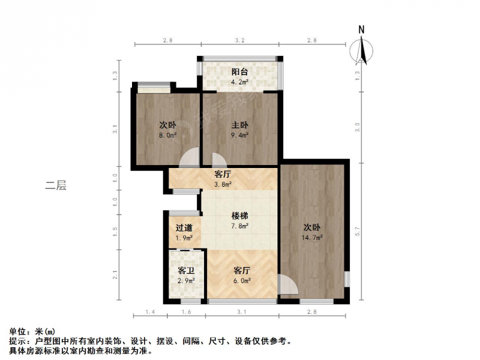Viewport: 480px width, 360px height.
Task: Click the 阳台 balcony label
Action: [239, 72]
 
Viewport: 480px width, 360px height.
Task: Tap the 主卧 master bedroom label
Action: [239, 125]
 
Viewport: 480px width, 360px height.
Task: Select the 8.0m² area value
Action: [168, 135]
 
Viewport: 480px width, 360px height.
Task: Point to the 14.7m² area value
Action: [312, 238]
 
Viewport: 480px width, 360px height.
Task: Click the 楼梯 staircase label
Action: [239, 216]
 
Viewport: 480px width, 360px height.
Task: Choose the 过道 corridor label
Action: [184, 228]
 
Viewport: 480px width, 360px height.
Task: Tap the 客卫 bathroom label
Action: [186, 271]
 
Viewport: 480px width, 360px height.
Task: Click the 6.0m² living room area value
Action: [242, 280]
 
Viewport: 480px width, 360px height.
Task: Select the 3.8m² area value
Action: [223, 184]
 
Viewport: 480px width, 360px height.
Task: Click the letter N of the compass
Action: [362, 29]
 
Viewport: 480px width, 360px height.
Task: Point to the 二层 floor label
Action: [56, 185]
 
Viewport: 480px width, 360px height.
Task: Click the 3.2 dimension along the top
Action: [239, 40]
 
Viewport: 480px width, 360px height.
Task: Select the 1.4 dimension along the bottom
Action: [150, 312]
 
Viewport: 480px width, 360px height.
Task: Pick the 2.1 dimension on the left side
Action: [115, 275]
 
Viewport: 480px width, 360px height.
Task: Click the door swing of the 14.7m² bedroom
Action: [288, 284]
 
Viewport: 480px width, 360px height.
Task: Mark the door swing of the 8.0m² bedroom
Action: [189, 157]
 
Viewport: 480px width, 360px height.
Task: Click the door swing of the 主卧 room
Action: [219, 160]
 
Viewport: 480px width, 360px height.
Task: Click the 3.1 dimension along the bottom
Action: [242, 312]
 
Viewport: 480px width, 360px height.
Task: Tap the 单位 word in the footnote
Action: [17, 331]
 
